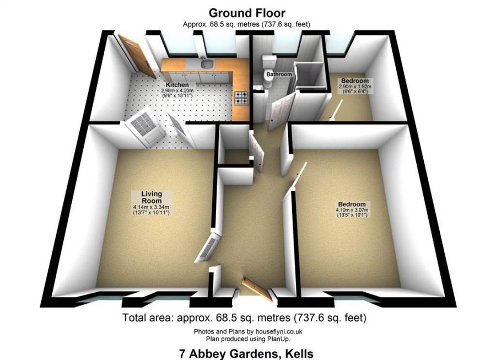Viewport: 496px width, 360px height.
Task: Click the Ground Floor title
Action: click(247, 13)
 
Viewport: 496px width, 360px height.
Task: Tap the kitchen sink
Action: click(208, 64)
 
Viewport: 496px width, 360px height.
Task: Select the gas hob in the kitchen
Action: click(242, 98)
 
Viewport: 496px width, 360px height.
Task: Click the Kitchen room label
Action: click(177, 85)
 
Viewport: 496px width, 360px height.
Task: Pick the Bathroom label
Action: click(279, 74)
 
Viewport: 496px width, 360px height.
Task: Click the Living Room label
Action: click(152, 197)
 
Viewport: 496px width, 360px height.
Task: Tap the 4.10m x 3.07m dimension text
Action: click(352, 210)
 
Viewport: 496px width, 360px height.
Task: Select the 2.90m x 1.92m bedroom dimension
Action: click(355, 87)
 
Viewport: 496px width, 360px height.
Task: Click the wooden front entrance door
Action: click(257, 289)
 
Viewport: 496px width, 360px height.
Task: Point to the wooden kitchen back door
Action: click(137, 56)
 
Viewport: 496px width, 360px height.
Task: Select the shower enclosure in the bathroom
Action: click(309, 77)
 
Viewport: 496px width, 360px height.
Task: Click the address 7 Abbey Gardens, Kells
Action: click(246, 353)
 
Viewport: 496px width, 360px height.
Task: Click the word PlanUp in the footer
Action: click(281, 339)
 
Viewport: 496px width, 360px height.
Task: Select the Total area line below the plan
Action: click(244, 318)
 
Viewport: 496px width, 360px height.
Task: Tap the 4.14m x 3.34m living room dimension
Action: click(152, 207)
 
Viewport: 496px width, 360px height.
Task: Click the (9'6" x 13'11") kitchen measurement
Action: click(177, 95)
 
